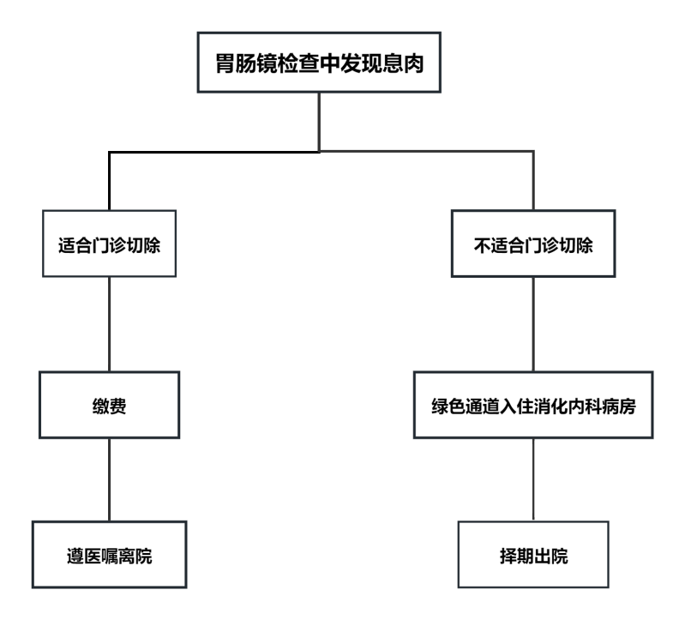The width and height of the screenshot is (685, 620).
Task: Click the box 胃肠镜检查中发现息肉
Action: pyautogui.click(x=319, y=63)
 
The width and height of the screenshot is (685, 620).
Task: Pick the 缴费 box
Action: pyautogui.click(x=109, y=406)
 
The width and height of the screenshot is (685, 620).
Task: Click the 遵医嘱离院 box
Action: pyautogui.click(x=109, y=555)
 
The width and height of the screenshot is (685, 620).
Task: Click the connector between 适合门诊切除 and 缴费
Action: pyautogui.click(x=109, y=322)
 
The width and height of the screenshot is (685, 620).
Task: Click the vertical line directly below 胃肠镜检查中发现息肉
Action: pyautogui.click(x=319, y=120)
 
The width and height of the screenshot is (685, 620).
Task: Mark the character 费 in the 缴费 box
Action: pyautogui.click(x=119, y=406)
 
